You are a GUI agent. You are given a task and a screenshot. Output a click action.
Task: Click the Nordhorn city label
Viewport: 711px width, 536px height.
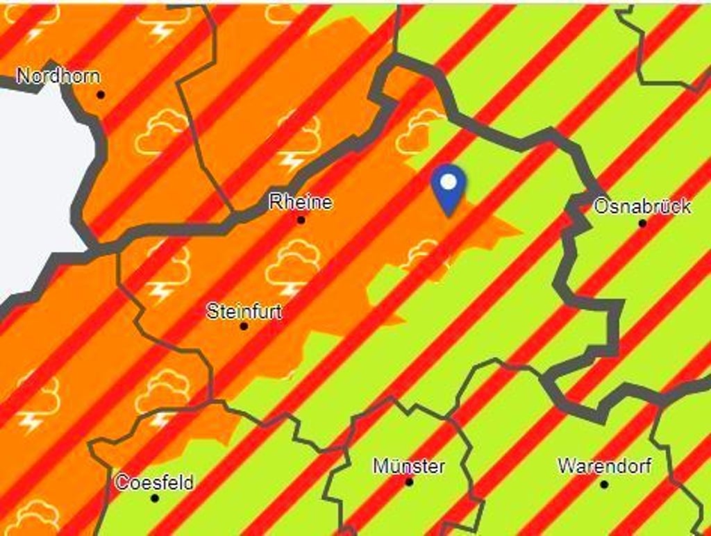[x=58, y=76]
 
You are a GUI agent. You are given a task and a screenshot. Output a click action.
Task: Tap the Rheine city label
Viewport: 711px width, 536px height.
[x=301, y=203]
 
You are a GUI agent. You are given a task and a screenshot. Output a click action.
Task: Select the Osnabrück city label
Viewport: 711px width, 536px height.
[x=642, y=206]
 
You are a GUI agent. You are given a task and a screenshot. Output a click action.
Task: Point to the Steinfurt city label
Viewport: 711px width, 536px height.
[x=244, y=311]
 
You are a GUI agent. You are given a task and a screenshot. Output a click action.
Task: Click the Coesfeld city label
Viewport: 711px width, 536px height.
[x=154, y=482]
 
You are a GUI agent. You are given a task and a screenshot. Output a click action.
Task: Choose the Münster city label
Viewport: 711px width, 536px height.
[x=409, y=466]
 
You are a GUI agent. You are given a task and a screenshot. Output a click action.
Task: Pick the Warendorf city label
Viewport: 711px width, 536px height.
[x=604, y=466]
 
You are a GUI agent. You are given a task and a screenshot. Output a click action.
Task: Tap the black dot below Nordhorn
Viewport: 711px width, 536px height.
[x=101, y=94]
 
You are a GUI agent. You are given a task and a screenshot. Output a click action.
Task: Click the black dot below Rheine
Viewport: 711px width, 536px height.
[x=301, y=220]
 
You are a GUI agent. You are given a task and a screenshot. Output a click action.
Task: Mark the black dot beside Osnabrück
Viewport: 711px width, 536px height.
[x=642, y=224]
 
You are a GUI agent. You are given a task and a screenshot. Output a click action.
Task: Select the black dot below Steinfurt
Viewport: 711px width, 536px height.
[x=244, y=326]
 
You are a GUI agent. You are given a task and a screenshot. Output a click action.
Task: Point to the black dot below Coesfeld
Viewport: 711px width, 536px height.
[x=154, y=498]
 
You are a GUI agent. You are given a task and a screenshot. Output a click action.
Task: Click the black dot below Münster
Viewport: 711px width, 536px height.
[x=409, y=482]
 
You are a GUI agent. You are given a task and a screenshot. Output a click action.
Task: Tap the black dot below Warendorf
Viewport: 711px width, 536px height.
[x=604, y=484]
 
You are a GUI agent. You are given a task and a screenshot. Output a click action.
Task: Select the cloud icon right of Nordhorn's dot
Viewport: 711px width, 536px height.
[x=162, y=132]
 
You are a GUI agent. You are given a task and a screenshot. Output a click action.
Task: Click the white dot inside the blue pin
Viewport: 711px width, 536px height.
[x=449, y=182]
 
